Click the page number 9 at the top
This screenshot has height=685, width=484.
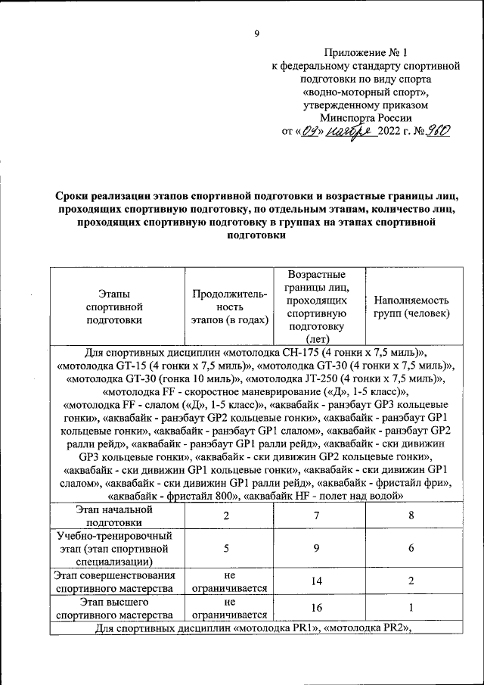(x=256, y=33)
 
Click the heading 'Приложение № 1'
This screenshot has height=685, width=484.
(x=365, y=53)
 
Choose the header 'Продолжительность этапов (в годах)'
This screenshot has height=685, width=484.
(x=230, y=307)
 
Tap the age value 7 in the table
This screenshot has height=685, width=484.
(x=318, y=515)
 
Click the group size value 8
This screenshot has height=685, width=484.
(x=411, y=515)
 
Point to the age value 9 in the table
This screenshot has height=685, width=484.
(x=318, y=549)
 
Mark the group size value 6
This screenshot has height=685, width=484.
(x=411, y=549)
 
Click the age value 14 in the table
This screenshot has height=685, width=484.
(x=318, y=581)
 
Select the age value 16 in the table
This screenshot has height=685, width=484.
(x=318, y=609)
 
